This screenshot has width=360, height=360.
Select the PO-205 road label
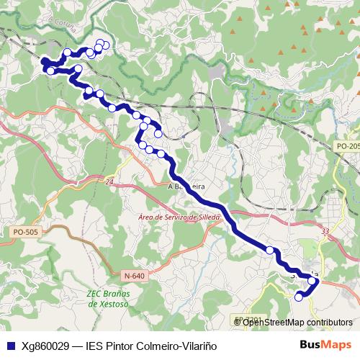348,146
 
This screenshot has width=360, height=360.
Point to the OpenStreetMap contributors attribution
297,322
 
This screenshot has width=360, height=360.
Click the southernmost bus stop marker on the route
299,297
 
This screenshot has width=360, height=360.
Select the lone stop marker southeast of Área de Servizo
271,251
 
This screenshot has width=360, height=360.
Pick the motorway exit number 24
109,184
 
